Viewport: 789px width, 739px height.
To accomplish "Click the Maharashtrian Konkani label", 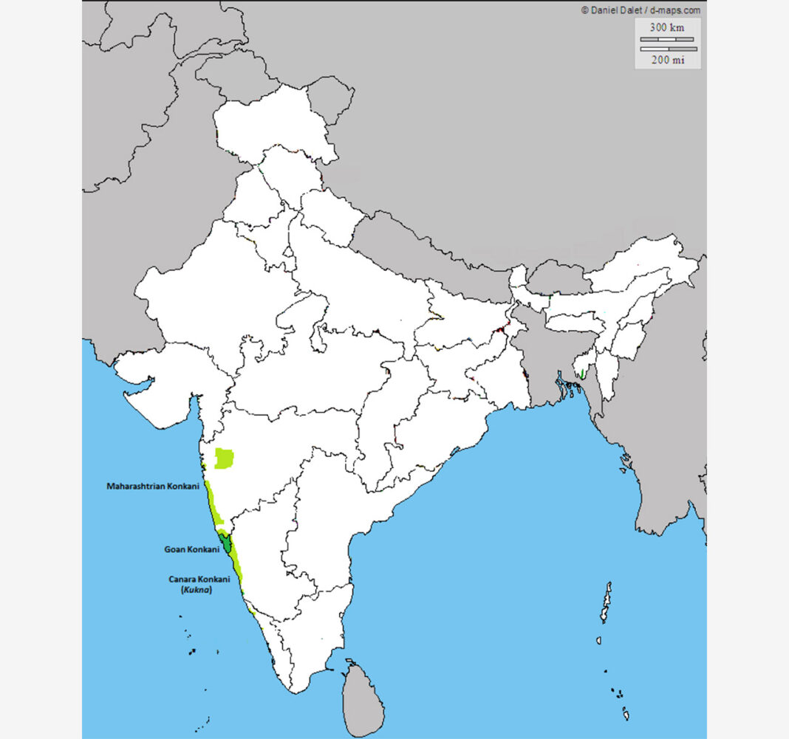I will tap(153, 487).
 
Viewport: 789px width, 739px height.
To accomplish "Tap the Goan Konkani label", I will tap(191, 549).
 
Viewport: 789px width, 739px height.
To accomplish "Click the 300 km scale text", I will tap(666, 27).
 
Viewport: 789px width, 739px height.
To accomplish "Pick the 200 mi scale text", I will tap(666, 60).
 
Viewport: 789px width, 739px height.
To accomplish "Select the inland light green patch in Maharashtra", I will tap(223, 458).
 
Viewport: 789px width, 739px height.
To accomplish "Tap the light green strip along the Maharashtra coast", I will tap(212, 503).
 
